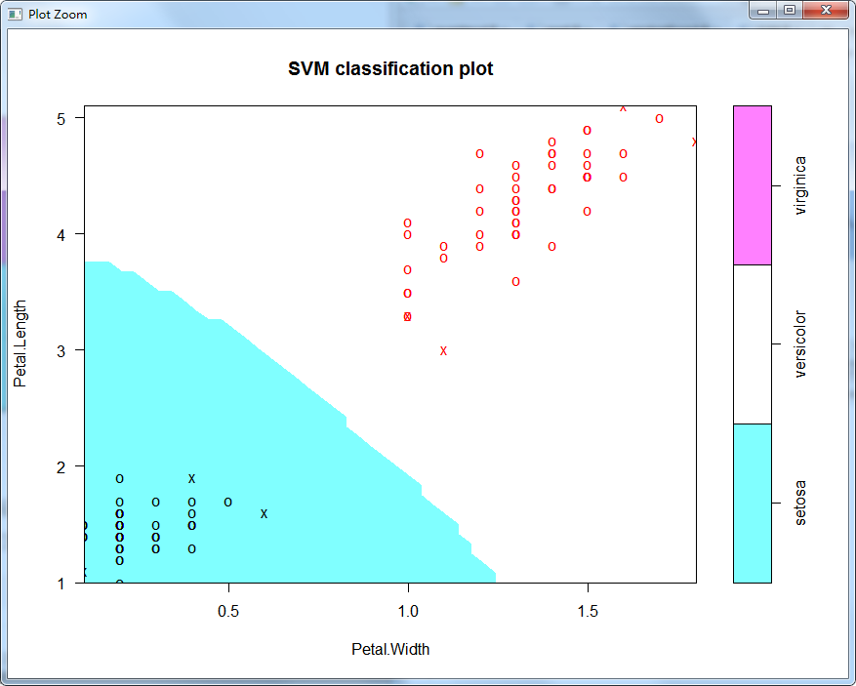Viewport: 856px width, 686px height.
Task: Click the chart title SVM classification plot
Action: coord(390,69)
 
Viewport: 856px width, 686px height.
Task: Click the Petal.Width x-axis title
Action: coord(390,649)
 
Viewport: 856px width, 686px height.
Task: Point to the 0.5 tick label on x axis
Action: coord(228,611)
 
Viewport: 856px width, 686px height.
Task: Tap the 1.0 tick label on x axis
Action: coord(408,611)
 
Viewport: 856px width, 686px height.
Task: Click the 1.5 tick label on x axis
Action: coord(588,611)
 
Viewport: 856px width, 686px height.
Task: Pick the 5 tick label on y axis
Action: coord(61,118)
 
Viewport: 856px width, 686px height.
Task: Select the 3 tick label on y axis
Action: coord(61,350)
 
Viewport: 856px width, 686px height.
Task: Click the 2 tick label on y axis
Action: coord(61,466)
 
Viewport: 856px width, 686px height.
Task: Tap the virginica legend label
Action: coord(800,184)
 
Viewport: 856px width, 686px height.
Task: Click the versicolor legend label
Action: coord(800,344)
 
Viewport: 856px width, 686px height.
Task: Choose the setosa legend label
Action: coord(800,504)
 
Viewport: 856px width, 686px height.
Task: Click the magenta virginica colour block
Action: coord(752,184)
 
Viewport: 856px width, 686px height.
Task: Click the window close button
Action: coord(826,11)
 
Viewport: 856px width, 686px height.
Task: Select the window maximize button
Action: coord(789,11)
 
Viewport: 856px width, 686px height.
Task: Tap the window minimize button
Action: coord(764,11)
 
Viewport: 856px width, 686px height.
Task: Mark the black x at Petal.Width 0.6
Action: coord(264,513)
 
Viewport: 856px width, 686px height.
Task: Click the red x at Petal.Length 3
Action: coord(443,350)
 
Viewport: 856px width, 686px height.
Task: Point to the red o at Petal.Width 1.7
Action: coord(659,119)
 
